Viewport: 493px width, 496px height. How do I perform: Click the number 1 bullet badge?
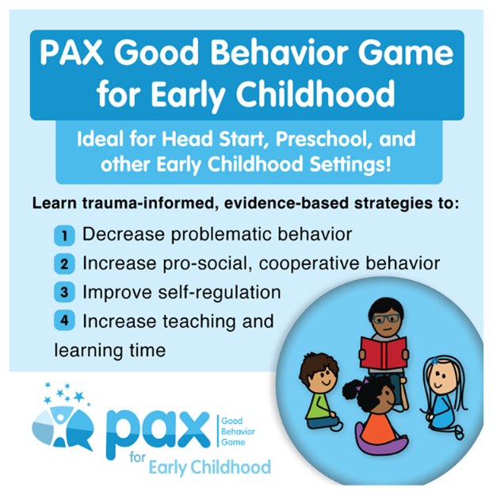pos(64,236)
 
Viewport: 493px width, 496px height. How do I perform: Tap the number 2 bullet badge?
pos(64,263)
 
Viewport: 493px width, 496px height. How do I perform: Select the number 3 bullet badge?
pos(64,292)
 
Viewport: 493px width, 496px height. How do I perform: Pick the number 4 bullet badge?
pos(64,321)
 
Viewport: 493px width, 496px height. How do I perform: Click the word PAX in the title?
pos(72,52)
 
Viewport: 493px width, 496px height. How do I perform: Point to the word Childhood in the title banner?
pos(315,94)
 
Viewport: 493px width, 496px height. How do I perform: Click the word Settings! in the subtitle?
pos(350,165)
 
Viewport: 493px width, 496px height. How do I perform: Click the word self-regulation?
pos(220,293)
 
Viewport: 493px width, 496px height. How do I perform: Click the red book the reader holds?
pos(384,353)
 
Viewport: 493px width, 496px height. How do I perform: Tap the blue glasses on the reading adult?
pos(386,318)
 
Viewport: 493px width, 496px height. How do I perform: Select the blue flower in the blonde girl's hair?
pos(435,361)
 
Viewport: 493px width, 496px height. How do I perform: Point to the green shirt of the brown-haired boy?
pos(319,406)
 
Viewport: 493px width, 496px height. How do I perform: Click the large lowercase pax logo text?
pos(158,433)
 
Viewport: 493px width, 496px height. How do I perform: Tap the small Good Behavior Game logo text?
pos(238,432)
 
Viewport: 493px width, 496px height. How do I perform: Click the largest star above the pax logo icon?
pos(78,396)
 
